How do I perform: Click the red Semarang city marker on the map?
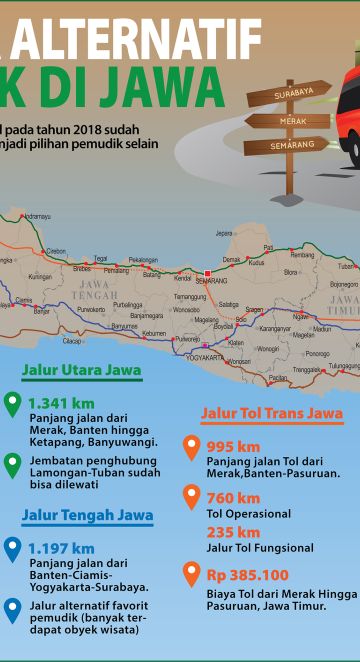[207, 273]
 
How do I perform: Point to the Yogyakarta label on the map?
[206, 357]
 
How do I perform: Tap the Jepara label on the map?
[224, 233]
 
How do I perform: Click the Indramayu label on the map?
[35, 216]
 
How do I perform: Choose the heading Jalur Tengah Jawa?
[88, 516]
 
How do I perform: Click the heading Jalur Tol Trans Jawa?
[272, 413]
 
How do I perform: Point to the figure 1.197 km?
[61, 547]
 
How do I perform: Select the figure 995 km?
[233, 446]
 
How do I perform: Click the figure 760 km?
[233, 498]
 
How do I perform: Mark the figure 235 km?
[233, 532]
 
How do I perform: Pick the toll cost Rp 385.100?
[247, 575]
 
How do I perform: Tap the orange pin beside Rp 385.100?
[191, 574]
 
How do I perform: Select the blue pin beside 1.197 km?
[12, 549]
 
